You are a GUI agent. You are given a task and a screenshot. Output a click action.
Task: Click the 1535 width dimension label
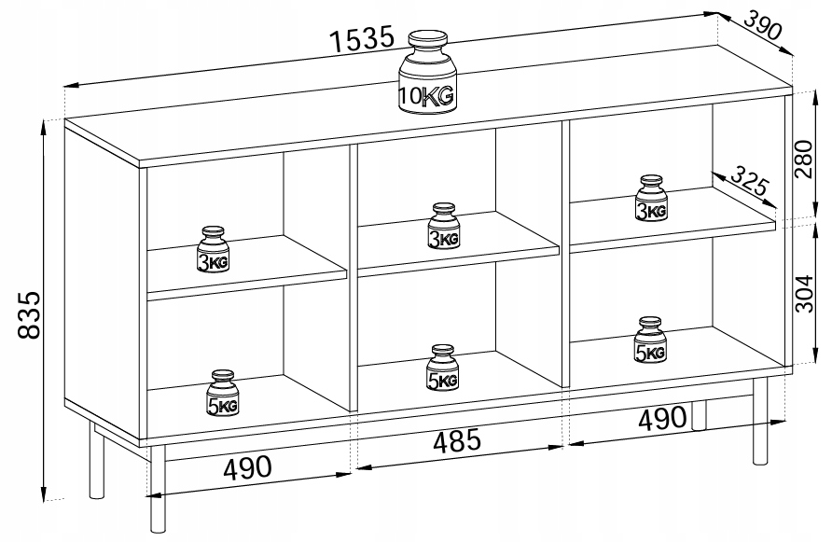pyautogui.click(x=363, y=39)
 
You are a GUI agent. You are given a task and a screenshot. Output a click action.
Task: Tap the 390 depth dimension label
pyautogui.click(x=762, y=25)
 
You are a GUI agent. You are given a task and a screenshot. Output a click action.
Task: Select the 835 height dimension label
pyautogui.click(x=28, y=314)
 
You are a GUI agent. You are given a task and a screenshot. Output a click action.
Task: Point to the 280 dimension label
pyautogui.click(x=803, y=159)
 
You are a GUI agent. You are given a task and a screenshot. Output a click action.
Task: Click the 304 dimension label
pyautogui.click(x=803, y=294)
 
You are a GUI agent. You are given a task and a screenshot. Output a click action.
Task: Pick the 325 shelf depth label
pyautogui.click(x=749, y=180)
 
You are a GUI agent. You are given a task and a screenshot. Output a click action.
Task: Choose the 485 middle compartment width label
pyautogui.click(x=457, y=441)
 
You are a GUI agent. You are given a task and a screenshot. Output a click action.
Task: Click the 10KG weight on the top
pyautogui.click(x=427, y=72)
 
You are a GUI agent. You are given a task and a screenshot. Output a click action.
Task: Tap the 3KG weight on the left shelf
pyautogui.click(x=214, y=249)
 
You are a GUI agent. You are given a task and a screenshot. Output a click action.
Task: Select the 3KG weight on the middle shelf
pyautogui.click(x=444, y=226)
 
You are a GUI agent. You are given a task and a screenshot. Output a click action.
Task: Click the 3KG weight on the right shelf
pyautogui.click(x=650, y=198)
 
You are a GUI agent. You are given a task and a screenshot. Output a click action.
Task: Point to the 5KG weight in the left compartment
pyautogui.click(x=222, y=393)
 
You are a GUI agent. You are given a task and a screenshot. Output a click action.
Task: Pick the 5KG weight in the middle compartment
pyautogui.click(x=442, y=368)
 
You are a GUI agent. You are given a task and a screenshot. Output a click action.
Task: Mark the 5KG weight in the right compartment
pyautogui.click(x=649, y=340)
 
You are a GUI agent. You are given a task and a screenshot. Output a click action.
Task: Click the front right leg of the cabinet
pyautogui.click(x=760, y=421)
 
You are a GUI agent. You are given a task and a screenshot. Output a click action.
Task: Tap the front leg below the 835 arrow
pyautogui.click(x=96, y=461)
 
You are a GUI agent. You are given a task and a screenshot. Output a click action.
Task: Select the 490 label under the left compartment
pyautogui.click(x=247, y=467)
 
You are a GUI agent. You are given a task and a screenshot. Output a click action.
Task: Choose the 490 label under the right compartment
pyautogui.click(x=661, y=419)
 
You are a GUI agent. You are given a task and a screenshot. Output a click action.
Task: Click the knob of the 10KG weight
pyautogui.click(x=428, y=39)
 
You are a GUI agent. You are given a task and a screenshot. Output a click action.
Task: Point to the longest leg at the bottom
pyautogui.click(x=158, y=489)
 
